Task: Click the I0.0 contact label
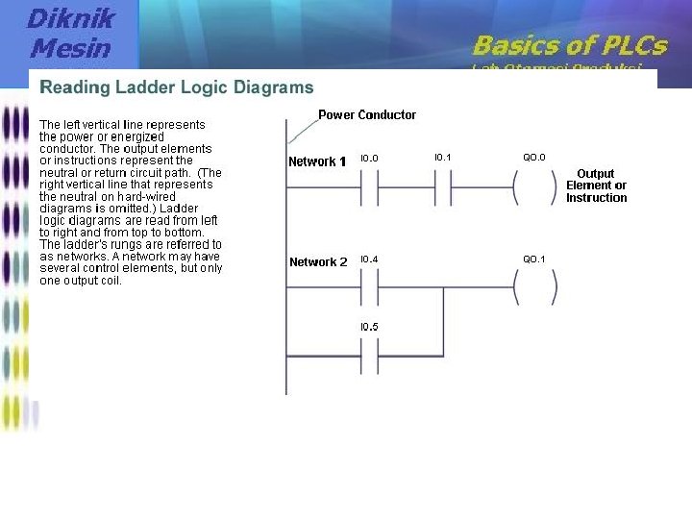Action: [x=369, y=158]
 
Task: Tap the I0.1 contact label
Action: [x=443, y=158]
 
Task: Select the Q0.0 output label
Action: [x=534, y=158]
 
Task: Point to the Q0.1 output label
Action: [x=534, y=259]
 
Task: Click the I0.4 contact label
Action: [x=369, y=259]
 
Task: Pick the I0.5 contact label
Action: [x=369, y=327]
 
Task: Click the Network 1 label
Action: [x=317, y=161]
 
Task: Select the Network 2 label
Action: [x=318, y=261]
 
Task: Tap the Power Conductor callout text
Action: [x=367, y=114]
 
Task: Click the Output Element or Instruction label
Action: [x=596, y=185]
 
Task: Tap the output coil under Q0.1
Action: [x=534, y=285]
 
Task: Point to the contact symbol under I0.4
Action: [x=369, y=285]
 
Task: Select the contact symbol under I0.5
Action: [x=369, y=355]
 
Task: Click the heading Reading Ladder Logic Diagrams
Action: [x=176, y=87]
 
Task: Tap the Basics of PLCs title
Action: [x=569, y=44]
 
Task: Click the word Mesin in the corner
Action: [x=70, y=47]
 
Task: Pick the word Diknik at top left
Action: [x=70, y=17]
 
